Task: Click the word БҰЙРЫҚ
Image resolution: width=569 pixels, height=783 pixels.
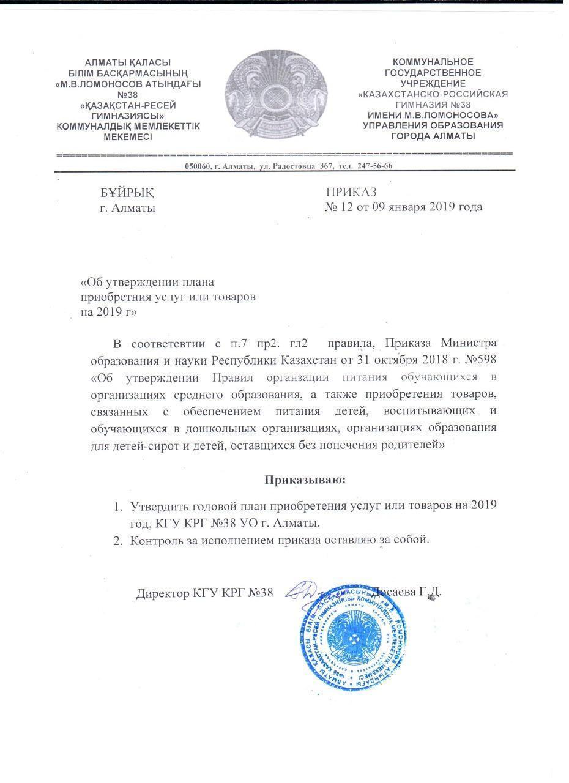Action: click(127, 193)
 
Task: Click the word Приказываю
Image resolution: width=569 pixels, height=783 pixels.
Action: click(305, 480)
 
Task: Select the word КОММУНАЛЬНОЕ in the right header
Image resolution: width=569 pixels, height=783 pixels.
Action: click(433, 62)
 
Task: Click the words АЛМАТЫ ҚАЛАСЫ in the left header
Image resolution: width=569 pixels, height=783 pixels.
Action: click(128, 62)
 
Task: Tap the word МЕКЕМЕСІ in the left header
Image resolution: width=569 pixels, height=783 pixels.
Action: click(128, 137)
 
